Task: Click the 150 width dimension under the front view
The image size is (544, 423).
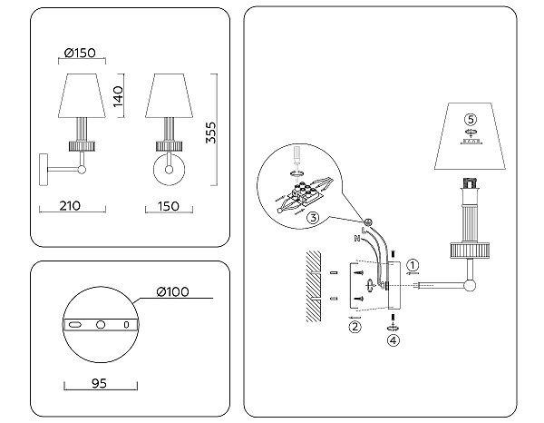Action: click(x=170, y=206)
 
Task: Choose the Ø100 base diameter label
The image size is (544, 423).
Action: click(x=172, y=291)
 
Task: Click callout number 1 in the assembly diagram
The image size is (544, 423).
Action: click(x=413, y=265)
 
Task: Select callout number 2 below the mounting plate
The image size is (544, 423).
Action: click(x=355, y=327)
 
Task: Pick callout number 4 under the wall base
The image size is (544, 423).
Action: click(x=392, y=341)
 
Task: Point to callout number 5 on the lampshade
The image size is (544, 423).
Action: click(x=470, y=119)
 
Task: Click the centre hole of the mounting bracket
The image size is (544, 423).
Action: click(x=102, y=324)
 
